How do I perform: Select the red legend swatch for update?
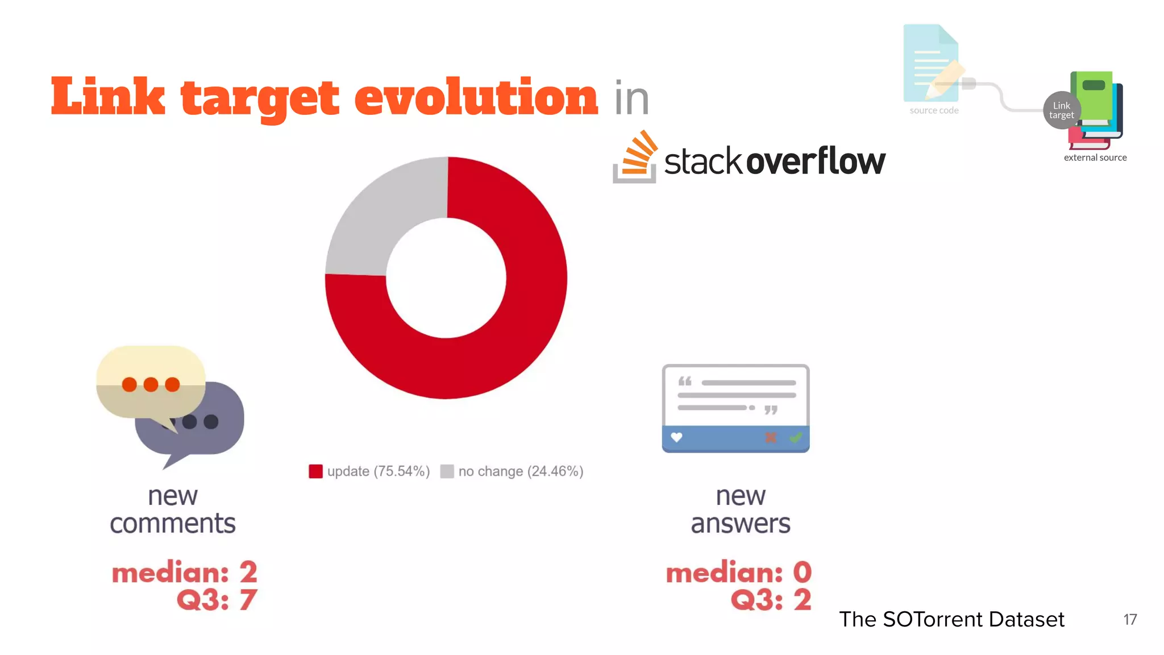(315, 471)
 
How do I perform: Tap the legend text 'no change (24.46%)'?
(521, 471)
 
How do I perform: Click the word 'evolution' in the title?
(476, 97)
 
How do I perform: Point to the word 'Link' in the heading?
(108, 97)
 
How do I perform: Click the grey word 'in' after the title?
(631, 98)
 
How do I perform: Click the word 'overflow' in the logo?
(815, 161)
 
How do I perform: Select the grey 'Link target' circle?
(1061, 110)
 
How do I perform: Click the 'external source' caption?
(1095, 157)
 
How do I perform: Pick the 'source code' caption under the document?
(934, 110)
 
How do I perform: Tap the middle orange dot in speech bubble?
(151, 384)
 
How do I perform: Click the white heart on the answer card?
(676, 437)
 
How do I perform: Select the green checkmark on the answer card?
(796, 437)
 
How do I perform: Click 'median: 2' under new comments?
(185, 572)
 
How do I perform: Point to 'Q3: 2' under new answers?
(771, 600)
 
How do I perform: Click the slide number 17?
(1130, 619)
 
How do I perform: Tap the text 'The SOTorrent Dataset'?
(951, 619)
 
